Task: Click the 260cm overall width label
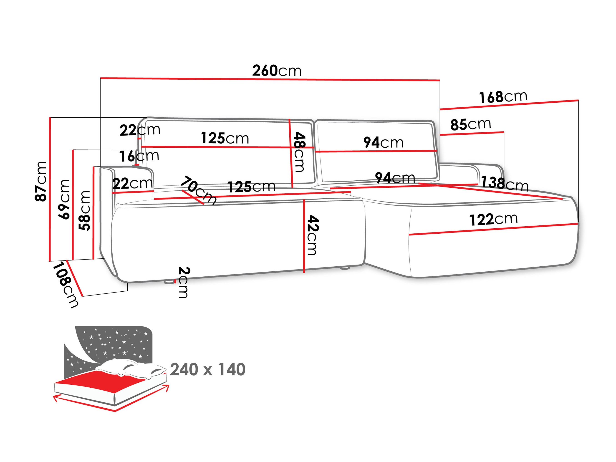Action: [x=277, y=71]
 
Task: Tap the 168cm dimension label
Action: [x=503, y=97]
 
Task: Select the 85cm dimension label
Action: [x=471, y=124]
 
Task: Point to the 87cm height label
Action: [x=41, y=181]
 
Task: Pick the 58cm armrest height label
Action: [x=85, y=211]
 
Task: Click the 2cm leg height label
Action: [x=184, y=282]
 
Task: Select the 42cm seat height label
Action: [x=313, y=235]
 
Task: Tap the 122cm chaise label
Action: [x=493, y=220]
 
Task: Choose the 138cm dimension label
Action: [x=505, y=184]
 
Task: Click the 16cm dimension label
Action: [x=139, y=156]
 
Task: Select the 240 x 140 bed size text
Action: [x=207, y=370]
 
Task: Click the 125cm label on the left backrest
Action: [x=225, y=138]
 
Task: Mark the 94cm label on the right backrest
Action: [x=383, y=143]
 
